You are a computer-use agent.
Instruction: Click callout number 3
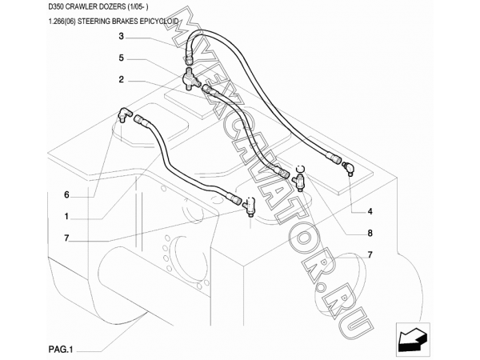[x=121, y=38]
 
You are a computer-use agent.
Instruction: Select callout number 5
[x=121, y=58]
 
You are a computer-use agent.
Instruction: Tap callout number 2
[x=121, y=79]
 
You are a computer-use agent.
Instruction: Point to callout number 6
[x=67, y=194]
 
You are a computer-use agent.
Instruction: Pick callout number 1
[x=67, y=216]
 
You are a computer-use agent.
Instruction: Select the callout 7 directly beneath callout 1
[x=67, y=238]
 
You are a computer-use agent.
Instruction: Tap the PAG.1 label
[x=60, y=348]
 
